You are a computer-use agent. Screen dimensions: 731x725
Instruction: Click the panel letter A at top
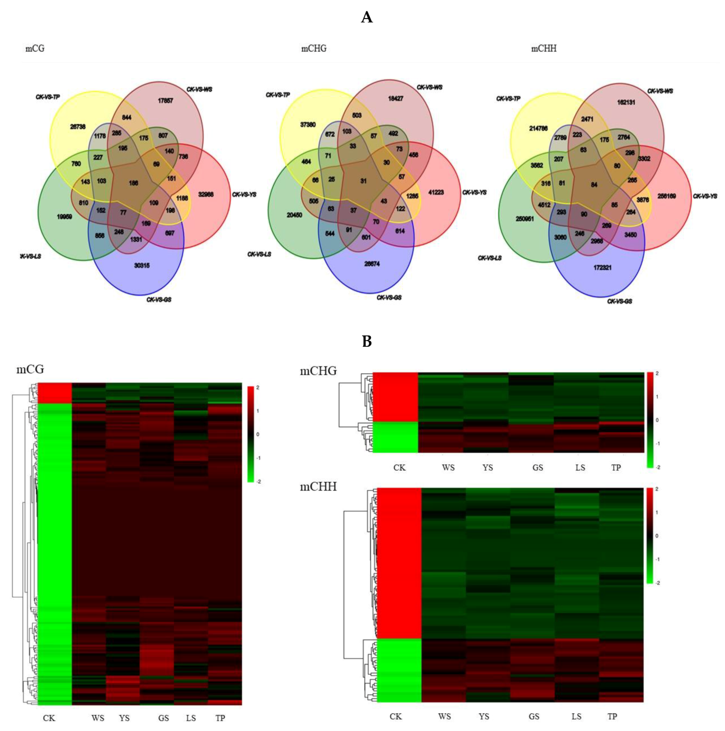tap(366, 17)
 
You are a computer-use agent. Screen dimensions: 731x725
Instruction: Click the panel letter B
tap(367, 342)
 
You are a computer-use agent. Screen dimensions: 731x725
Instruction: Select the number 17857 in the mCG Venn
tap(165, 101)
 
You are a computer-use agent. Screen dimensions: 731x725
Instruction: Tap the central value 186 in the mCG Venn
tap(133, 183)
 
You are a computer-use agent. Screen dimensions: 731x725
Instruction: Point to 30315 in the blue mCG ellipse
tap(142, 266)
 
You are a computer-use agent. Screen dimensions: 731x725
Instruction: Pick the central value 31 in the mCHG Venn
tap(363, 181)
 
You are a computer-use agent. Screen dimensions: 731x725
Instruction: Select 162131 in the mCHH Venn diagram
tap(626, 102)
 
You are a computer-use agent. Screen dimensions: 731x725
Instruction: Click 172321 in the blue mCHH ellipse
tap(602, 268)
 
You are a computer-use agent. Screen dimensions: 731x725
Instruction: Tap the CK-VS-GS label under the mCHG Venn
tap(389, 297)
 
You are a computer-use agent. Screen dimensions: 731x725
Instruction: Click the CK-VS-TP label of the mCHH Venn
tap(508, 98)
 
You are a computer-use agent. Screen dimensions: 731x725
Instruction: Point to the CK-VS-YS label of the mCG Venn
tap(244, 194)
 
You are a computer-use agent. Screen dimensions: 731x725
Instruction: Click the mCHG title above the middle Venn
tap(314, 49)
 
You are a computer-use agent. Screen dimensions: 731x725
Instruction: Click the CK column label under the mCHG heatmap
tap(399, 467)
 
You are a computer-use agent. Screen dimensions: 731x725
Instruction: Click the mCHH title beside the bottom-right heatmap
tap(318, 487)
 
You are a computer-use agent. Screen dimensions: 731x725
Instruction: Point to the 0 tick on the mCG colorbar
tap(257, 434)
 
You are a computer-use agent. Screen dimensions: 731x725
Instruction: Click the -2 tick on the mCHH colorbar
tap(657, 583)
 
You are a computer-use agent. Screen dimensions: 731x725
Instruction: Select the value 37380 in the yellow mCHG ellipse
tap(308, 125)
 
